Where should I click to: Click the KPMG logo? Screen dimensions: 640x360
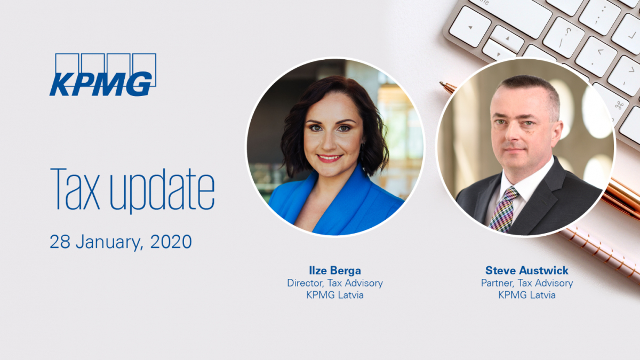tap(103, 75)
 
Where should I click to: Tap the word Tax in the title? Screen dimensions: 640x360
tap(75, 189)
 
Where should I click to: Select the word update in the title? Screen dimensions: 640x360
tap(162, 191)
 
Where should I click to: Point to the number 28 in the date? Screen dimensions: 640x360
tap(60, 242)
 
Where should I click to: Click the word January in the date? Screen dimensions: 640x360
tap(109, 243)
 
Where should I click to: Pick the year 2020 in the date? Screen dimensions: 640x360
tap(171, 242)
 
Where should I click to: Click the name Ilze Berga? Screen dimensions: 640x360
tap(335, 270)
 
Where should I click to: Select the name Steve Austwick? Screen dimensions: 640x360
tap(527, 270)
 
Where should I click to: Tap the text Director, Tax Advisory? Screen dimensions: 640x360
tap(335, 283)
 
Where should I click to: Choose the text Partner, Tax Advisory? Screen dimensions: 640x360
tap(527, 283)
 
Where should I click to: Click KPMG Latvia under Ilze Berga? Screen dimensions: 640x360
tap(335, 295)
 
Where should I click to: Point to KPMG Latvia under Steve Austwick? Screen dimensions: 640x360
tap(527, 295)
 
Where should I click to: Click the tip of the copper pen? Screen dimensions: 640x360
tap(441, 83)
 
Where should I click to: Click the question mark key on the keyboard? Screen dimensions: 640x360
tap(563, 37)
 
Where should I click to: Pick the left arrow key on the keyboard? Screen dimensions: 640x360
tap(470, 27)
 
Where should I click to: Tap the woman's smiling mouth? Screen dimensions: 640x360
tap(329, 158)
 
